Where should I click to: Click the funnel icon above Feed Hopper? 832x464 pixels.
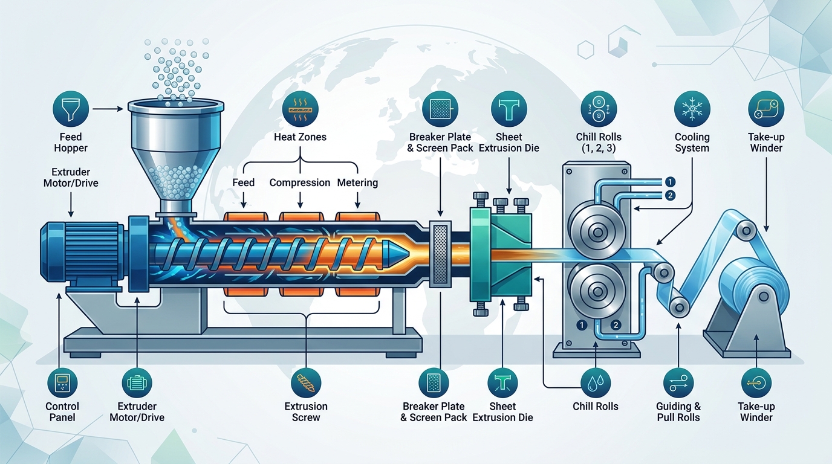tap(71, 109)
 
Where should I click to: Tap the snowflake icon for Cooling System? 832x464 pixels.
tap(691, 109)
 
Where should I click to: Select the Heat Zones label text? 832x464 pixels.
tap(300, 137)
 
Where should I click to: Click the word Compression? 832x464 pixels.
tap(299, 182)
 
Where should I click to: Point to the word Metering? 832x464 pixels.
tap(357, 182)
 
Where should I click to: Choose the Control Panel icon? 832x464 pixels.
tap(62, 383)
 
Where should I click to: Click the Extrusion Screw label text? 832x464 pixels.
tap(306, 412)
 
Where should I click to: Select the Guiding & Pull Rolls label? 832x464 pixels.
tap(678, 412)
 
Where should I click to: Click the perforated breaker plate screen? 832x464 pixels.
tap(441, 254)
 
